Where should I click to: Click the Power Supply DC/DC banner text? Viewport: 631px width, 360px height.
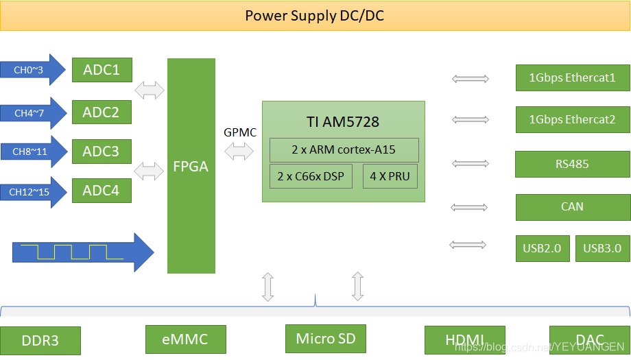click(x=314, y=15)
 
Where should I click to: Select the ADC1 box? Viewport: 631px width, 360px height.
click(x=102, y=70)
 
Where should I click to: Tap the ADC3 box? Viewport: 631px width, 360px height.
click(x=102, y=151)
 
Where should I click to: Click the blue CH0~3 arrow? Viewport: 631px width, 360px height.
click(x=34, y=70)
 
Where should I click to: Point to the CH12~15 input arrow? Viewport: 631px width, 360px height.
click(x=34, y=193)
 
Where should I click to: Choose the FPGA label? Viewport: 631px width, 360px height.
click(x=191, y=167)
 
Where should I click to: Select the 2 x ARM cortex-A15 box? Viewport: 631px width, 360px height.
click(x=343, y=150)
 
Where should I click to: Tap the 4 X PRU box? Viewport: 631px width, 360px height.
click(x=390, y=176)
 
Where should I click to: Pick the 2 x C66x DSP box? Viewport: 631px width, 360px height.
click(x=311, y=176)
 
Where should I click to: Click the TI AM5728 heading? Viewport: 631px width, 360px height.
click(x=342, y=123)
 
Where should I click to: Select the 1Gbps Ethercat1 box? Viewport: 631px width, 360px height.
click(x=572, y=77)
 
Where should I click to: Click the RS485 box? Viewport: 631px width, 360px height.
click(x=572, y=164)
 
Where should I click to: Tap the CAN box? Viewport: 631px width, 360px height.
click(x=572, y=206)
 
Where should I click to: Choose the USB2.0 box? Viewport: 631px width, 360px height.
click(x=543, y=248)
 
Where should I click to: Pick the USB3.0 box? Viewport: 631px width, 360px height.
click(x=602, y=248)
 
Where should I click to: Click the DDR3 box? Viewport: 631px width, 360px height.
click(x=40, y=341)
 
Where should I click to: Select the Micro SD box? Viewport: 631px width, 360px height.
click(x=325, y=338)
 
